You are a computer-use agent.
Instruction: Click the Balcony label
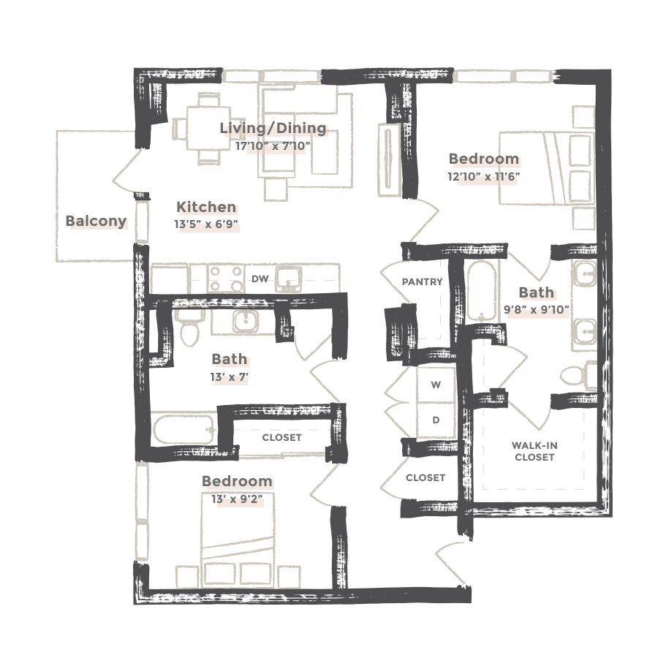pos(96,221)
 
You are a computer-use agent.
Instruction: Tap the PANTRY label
pos(423,281)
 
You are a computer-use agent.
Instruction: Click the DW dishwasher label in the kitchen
pos(259,279)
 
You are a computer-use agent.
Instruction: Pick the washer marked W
pos(436,385)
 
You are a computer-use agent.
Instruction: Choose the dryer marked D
pos(436,420)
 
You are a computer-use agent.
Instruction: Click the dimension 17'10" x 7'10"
pos(273,145)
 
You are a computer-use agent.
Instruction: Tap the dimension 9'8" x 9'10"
pos(537,309)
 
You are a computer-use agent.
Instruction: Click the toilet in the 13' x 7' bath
pos(190,330)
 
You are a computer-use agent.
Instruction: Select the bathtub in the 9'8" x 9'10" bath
pos(481,291)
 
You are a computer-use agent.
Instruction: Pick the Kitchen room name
pos(205,207)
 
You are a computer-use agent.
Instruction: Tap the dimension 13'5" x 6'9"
pos(206,225)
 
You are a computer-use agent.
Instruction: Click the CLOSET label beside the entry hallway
pos(426,477)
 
